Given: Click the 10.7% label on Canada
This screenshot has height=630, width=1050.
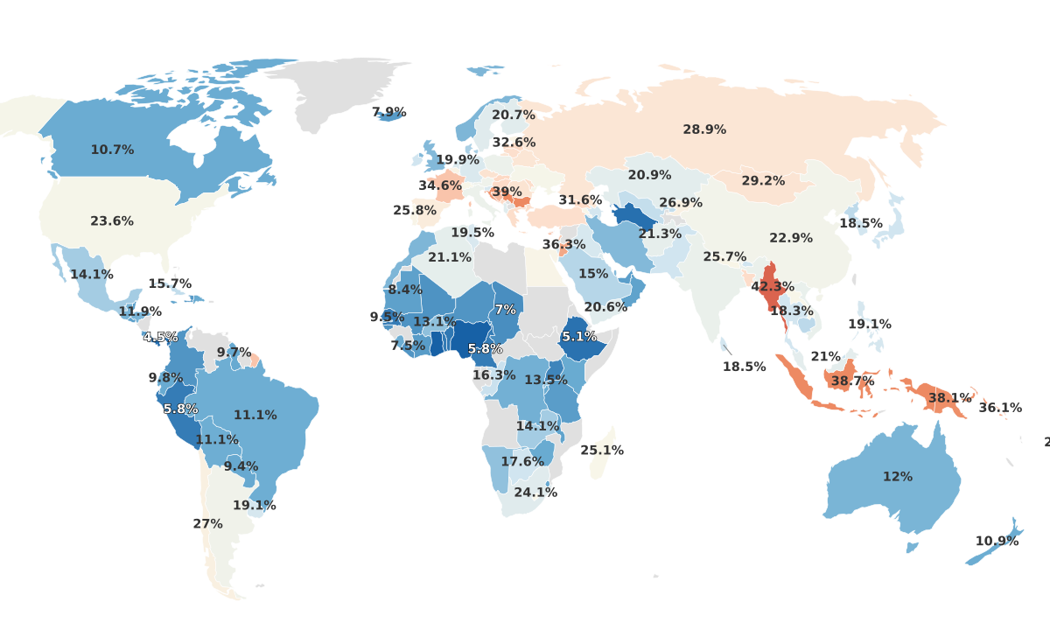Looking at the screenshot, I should [112, 150].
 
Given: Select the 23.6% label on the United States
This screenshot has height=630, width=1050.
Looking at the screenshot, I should [112, 221].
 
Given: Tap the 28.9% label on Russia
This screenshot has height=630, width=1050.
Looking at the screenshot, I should [704, 129].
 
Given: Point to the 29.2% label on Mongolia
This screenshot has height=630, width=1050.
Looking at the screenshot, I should [763, 181].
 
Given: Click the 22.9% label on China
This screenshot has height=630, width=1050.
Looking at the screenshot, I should [791, 238].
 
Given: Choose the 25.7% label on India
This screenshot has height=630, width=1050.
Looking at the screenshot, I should [724, 257].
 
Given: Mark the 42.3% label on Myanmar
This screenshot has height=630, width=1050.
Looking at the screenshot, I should [773, 287].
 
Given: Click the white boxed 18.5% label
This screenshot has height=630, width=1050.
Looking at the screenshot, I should [744, 367].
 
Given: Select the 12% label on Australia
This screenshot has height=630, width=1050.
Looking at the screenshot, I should [897, 477].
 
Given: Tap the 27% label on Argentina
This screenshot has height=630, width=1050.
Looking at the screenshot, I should [207, 524].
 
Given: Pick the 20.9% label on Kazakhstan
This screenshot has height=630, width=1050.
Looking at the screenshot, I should [649, 175].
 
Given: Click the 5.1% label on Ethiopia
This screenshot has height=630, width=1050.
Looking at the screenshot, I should [579, 336].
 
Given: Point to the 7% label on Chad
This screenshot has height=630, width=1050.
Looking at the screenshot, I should [505, 310].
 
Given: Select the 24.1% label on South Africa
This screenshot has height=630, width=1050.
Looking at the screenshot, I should [535, 493].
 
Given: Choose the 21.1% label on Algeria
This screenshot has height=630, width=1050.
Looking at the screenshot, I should [450, 257].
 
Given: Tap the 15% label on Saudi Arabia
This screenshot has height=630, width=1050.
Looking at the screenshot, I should [593, 274].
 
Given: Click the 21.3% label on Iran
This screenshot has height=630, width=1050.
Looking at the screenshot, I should [660, 234].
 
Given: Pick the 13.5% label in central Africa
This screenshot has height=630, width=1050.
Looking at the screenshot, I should [546, 380].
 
